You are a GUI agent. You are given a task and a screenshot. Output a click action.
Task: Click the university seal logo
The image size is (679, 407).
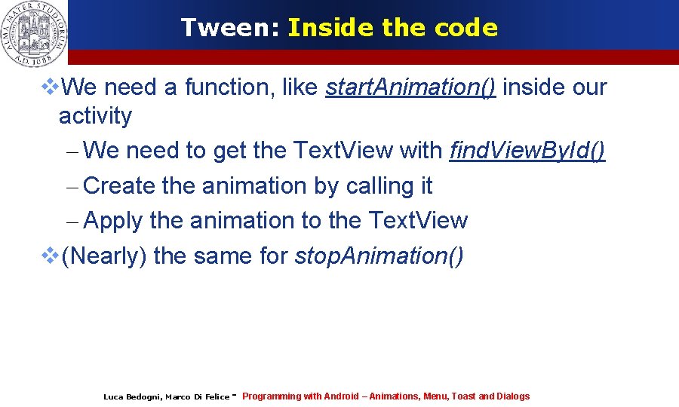(x=34, y=32)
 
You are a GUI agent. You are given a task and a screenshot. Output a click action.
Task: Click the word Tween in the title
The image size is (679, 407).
(x=229, y=28)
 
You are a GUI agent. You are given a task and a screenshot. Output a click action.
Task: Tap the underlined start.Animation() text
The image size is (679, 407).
(x=410, y=87)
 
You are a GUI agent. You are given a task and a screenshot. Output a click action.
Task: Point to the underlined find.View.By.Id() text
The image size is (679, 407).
(x=527, y=151)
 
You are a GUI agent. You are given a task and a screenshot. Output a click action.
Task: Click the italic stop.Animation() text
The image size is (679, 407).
(x=379, y=256)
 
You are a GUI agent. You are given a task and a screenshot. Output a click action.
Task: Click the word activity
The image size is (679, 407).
(x=95, y=117)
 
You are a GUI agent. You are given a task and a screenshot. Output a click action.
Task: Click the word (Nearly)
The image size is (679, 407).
(x=104, y=256)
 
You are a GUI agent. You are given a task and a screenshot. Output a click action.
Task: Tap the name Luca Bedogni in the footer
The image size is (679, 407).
(x=131, y=397)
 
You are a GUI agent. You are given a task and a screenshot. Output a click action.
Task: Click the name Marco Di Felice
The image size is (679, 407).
(x=197, y=397)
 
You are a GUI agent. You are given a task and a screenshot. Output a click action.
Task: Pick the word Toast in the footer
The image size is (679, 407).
(x=463, y=396)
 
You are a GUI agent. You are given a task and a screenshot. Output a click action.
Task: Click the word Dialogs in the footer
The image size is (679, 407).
(x=514, y=396)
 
